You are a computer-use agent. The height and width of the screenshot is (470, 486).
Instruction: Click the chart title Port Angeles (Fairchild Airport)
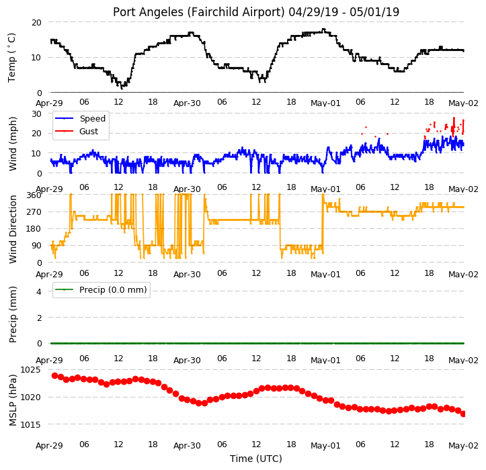(199, 12)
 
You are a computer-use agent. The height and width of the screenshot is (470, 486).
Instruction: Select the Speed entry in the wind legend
(93, 119)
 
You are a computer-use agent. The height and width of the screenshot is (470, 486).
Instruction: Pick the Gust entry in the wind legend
(89, 132)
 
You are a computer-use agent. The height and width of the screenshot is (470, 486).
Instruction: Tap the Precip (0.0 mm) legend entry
(113, 290)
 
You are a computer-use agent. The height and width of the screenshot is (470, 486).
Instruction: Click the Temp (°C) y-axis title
(12, 58)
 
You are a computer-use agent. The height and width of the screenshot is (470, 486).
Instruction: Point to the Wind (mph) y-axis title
(12, 144)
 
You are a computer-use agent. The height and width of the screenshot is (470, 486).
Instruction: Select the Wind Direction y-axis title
(12, 229)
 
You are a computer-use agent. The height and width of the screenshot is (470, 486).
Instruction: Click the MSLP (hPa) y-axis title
(12, 400)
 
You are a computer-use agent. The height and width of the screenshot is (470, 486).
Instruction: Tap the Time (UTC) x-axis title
(256, 459)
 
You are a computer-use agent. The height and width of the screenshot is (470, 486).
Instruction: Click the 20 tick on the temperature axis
(36, 22)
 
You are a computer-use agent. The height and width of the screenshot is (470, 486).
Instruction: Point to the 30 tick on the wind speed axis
(36, 114)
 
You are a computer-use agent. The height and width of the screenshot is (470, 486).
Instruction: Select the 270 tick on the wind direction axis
(34, 212)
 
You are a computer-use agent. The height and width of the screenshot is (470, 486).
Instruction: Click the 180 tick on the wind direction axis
(34, 229)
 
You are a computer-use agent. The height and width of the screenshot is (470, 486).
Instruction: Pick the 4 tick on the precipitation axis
(39, 291)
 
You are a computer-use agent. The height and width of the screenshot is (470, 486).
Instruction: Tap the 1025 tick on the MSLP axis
(31, 370)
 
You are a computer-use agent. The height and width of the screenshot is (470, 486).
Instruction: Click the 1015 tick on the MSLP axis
(31, 424)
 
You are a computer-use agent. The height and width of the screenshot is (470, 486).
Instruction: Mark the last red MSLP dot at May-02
(463, 414)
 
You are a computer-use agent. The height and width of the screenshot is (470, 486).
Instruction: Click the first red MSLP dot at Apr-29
(55, 375)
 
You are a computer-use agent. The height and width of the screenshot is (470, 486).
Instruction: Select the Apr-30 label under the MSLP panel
(187, 446)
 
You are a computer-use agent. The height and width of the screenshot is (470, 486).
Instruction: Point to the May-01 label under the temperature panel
(325, 103)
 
